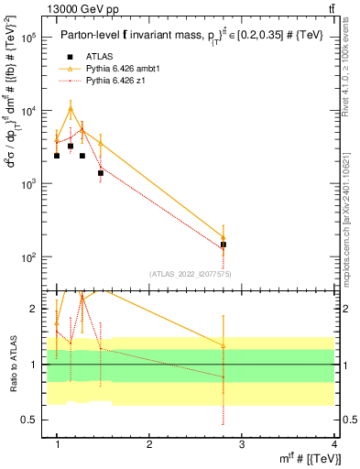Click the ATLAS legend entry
99,57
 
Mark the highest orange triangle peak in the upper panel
71,108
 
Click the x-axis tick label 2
150,444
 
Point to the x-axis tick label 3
242,444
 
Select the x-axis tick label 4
333,444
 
